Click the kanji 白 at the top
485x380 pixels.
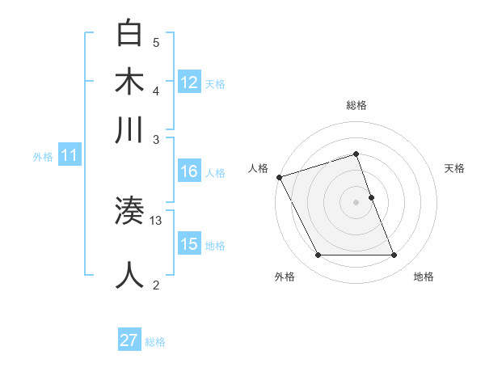click(131, 35)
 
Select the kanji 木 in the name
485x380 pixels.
click(131, 82)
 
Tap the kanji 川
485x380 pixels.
click(131, 130)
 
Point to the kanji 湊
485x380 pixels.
click(130, 211)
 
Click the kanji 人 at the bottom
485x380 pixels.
click(131, 275)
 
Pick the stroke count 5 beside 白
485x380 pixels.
click(156, 43)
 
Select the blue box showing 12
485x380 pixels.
click(189, 82)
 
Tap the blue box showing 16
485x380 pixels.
click(189, 171)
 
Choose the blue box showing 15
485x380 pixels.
click(189, 244)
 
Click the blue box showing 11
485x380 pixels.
click(69, 156)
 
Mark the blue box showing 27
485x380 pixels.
click(129, 341)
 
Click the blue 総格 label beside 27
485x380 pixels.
click(156, 342)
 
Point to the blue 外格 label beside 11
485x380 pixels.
click(42, 157)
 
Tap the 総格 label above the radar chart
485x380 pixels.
click(356, 105)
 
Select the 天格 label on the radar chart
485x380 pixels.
click(454, 168)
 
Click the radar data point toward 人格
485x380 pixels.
click(279, 177)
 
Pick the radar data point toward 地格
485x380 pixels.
click(394, 255)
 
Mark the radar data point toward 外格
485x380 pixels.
click(318, 255)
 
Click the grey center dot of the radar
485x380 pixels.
click(356, 202)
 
